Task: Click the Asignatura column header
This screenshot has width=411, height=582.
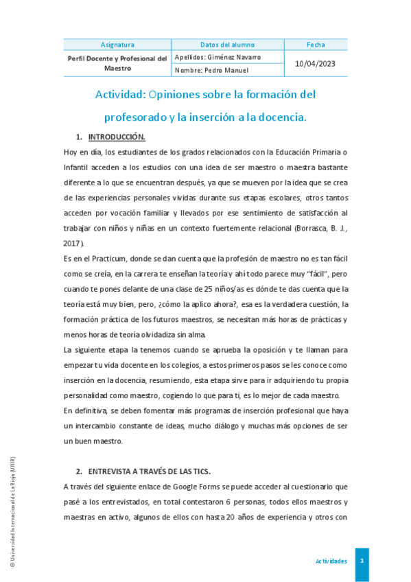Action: tap(117, 45)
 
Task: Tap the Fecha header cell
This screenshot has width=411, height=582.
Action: tap(316, 45)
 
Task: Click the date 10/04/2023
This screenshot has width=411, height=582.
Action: tap(316, 63)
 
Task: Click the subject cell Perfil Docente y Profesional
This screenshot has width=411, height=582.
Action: tap(117, 63)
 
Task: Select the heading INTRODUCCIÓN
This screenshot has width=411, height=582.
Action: tap(117, 137)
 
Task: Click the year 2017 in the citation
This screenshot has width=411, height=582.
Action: tap(73, 243)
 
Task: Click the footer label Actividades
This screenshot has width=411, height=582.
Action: tap(331, 561)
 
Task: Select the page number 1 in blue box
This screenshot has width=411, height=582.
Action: tap(362, 561)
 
